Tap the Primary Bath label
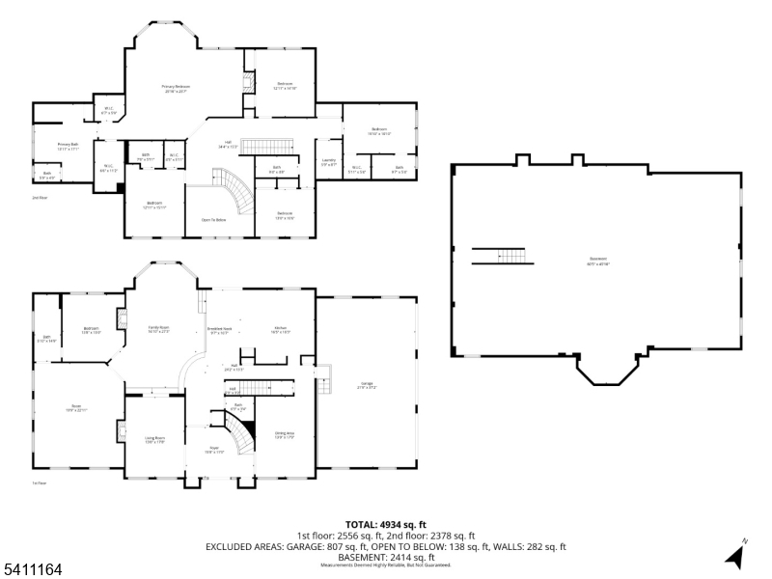(x=67, y=147)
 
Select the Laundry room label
(x=328, y=162)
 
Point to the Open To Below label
(x=213, y=220)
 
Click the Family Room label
(x=158, y=330)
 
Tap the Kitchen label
(x=281, y=330)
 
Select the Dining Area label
(x=285, y=435)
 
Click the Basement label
(x=599, y=260)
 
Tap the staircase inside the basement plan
(x=502, y=256)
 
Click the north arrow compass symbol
(x=735, y=555)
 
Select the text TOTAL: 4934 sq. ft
(x=385, y=525)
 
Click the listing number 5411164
(x=33, y=570)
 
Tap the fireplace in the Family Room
(x=122, y=319)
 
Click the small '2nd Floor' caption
(x=40, y=198)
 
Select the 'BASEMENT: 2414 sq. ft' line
(x=385, y=557)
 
